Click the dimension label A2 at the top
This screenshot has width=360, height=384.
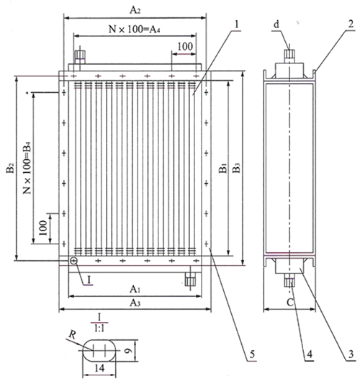point(135,10)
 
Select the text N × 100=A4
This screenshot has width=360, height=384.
point(135,30)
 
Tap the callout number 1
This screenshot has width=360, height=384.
point(236,24)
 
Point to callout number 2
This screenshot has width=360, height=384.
point(351,24)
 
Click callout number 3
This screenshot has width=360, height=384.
point(351,354)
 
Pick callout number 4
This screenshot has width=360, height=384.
point(310,354)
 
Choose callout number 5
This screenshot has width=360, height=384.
point(252,354)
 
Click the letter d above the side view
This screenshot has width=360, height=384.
point(276,24)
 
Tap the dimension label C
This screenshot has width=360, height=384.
point(289,303)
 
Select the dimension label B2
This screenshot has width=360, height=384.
point(10,168)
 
